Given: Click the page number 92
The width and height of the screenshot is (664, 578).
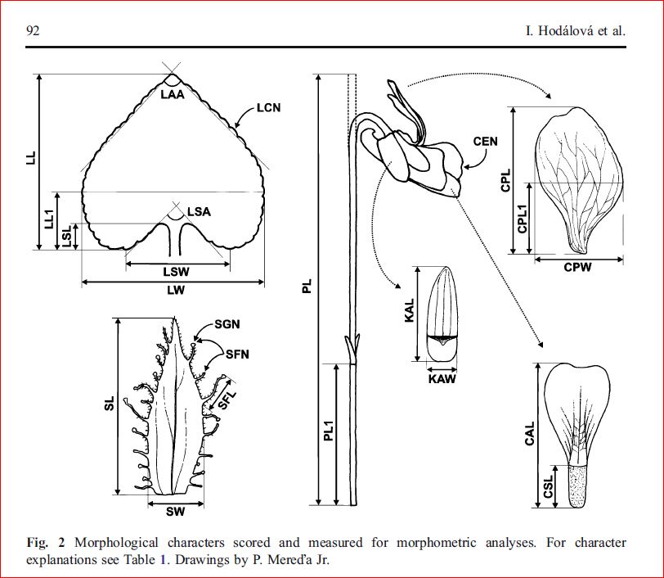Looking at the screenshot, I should click(x=34, y=32).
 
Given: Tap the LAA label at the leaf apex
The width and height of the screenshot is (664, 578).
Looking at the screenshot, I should click(x=173, y=94).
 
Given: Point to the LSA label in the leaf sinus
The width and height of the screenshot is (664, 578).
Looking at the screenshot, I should click(x=199, y=212).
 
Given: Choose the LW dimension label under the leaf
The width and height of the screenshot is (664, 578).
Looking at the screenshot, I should click(x=173, y=291).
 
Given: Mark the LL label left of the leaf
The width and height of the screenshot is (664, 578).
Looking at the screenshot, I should click(x=30, y=158).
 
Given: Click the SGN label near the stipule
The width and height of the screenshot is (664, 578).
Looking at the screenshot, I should click(x=226, y=325).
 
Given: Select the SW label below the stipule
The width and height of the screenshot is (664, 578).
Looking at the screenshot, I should click(x=175, y=513).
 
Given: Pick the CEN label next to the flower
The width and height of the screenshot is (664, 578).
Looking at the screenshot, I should click(x=486, y=141).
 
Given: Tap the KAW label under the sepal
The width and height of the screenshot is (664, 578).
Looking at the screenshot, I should click(x=442, y=379).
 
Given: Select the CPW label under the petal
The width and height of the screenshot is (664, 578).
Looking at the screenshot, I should click(x=577, y=268).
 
